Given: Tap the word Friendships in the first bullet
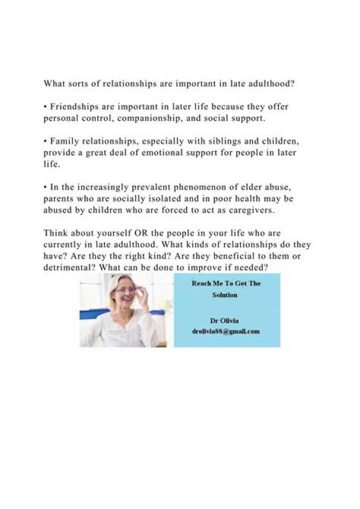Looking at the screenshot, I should pos(73,106).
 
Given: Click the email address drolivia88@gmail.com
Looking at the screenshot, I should pos(226,331).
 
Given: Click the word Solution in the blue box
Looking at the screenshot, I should pos(224,295).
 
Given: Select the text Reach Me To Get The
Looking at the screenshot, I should pos(226,283).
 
